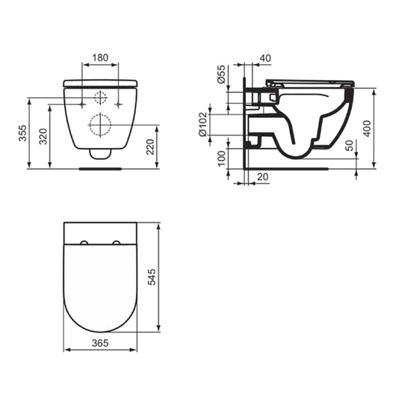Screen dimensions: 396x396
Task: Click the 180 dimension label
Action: point(100,58)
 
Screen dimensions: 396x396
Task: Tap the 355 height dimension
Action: point(22,133)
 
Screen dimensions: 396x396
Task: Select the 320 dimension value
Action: point(43,137)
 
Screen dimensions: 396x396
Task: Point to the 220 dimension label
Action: point(150,146)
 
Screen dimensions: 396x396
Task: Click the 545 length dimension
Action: point(152,277)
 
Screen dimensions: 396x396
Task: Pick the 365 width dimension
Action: point(100,343)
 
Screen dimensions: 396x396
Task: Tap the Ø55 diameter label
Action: point(221,74)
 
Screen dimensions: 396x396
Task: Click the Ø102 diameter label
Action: point(202,125)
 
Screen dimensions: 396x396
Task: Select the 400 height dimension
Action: point(367,129)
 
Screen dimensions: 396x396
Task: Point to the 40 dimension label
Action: point(265,58)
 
